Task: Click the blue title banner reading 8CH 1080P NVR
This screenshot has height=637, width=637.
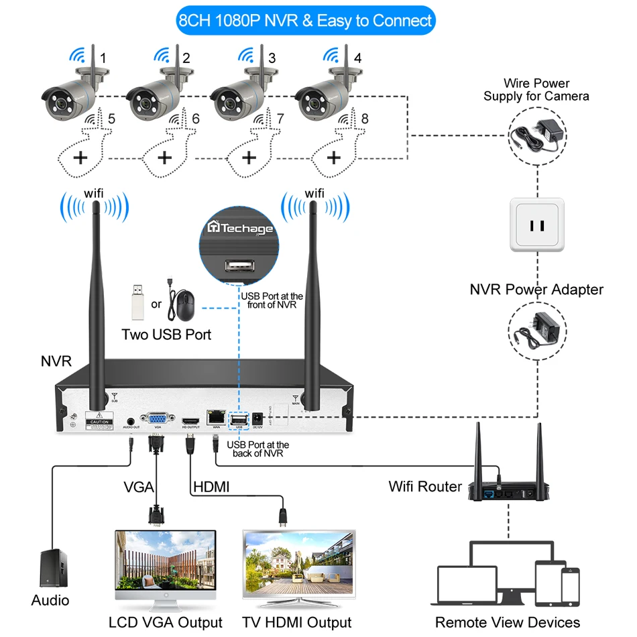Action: point(305,20)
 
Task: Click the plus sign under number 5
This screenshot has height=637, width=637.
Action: point(80,158)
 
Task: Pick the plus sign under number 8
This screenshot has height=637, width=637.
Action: point(334,158)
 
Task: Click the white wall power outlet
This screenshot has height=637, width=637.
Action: point(537,225)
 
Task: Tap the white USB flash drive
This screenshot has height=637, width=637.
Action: point(135,302)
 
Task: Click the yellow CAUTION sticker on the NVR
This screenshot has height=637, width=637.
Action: point(99,422)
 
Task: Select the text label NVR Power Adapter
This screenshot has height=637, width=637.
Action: point(536,290)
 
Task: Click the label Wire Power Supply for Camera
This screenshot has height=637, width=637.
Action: point(536,90)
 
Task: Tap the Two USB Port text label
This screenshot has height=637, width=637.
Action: point(166,334)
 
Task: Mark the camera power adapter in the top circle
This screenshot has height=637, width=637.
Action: point(536,134)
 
